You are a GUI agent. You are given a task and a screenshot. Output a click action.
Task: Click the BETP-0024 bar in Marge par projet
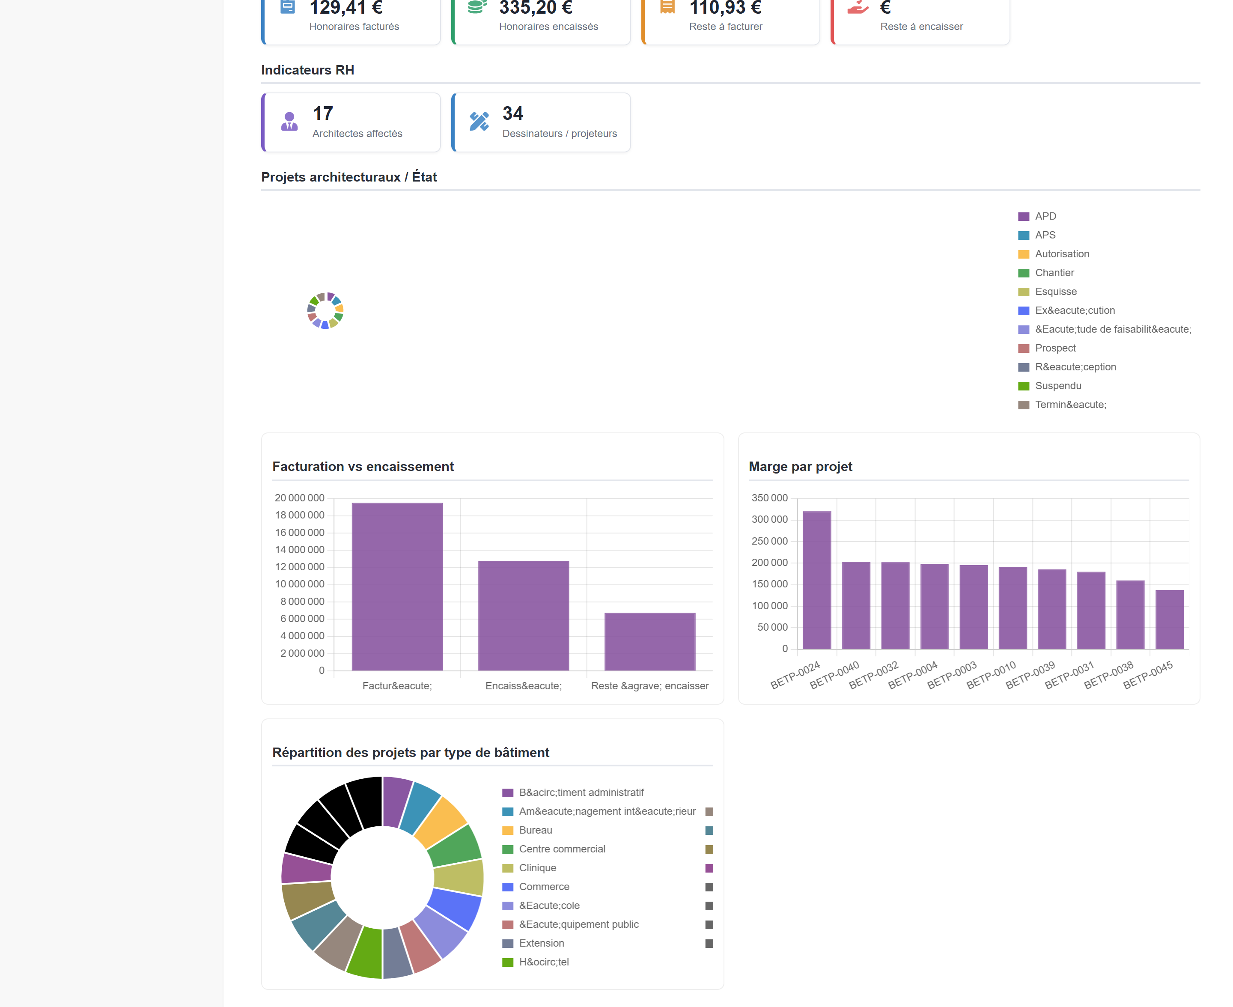point(816,580)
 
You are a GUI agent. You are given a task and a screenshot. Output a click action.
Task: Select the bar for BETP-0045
point(1169,620)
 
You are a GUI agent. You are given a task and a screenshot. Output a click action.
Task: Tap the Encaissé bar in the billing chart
point(523,615)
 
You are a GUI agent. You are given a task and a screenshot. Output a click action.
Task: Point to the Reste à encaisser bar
point(649,641)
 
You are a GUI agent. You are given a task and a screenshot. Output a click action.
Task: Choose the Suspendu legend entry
point(1049,386)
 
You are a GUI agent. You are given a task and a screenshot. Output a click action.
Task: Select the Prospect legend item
point(1046,348)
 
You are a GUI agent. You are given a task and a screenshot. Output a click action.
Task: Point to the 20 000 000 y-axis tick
point(299,498)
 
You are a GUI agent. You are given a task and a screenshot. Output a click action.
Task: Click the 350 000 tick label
point(770,498)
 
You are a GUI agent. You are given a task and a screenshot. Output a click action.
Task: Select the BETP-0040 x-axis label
point(834,675)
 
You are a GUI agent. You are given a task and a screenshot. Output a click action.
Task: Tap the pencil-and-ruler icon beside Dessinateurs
point(479,121)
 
